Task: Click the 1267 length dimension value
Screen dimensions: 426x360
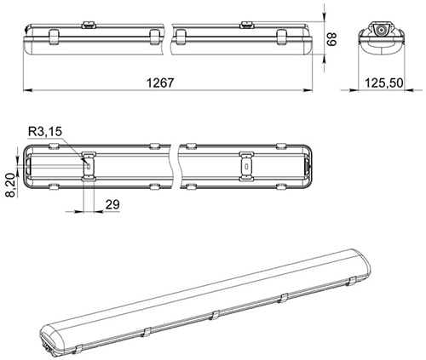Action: pyautogui.click(x=160, y=83)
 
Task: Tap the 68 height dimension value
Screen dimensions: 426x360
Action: pyautogui.click(x=331, y=39)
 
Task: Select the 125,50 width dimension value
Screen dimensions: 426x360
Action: pyautogui.click(x=383, y=83)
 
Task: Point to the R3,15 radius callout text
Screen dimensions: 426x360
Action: pyautogui.click(x=45, y=132)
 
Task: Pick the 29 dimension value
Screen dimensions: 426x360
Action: pyautogui.click(x=112, y=204)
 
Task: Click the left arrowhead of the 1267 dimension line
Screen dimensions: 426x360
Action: pyautogui.click(x=27, y=90)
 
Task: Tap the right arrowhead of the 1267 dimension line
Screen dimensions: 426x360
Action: pyautogui.click(x=308, y=90)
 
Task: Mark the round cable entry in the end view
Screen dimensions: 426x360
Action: pyautogui.click(x=381, y=30)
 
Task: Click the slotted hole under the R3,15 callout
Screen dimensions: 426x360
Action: pyautogui.click(x=89, y=166)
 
